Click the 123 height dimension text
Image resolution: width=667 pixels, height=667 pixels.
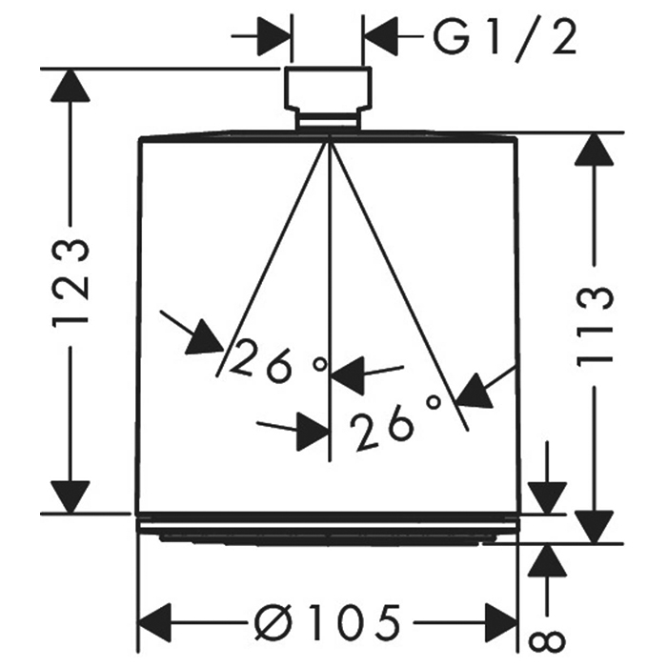pyautogui.click(x=71, y=284)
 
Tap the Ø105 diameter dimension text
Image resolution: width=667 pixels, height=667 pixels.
pyautogui.click(x=328, y=623)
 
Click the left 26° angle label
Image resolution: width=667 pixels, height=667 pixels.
pyautogui.click(x=278, y=360)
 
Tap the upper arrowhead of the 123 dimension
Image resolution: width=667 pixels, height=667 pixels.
pyautogui.click(x=71, y=86)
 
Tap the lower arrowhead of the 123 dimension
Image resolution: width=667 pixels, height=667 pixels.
pyautogui.click(x=71, y=496)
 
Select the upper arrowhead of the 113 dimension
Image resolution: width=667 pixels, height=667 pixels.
pyautogui.click(x=595, y=150)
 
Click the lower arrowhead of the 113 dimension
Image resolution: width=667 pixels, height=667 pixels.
pyautogui.click(x=595, y=527)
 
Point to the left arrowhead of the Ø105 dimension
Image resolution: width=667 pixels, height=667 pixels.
pyautogui.click(x=155, y=623)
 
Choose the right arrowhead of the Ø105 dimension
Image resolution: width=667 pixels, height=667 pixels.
pyautogui.click(x=501, y=623)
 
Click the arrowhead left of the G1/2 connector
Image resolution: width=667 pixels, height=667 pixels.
pyautogui.click(x=274, y=36)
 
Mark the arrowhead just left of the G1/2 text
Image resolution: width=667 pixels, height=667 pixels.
pyautogui.click(x=379, y=36)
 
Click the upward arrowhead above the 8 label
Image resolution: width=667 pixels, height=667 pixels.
pyautogui.click(x=548, y=560)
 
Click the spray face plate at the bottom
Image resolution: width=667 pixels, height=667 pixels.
pyautogui.click(x=328, y=531)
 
